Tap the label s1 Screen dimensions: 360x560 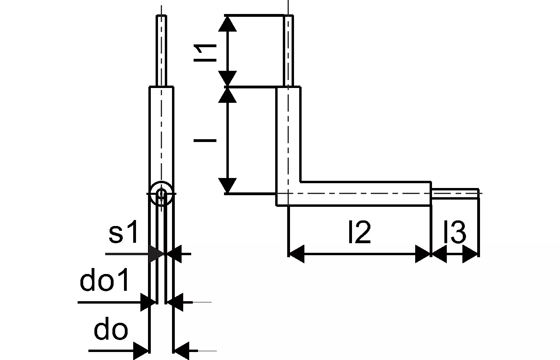pos(124,234)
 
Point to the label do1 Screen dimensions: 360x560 pos(105,282)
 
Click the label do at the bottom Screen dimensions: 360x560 pos(111,330)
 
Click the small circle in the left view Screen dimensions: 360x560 pos(161,194)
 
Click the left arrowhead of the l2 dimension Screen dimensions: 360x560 pos(296,254)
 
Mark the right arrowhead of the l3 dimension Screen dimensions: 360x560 pos(470,254)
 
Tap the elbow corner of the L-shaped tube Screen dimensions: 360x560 pos(288,194)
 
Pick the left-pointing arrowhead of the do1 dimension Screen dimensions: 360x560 pos(175,302)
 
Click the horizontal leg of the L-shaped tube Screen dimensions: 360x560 pos(364,194)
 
